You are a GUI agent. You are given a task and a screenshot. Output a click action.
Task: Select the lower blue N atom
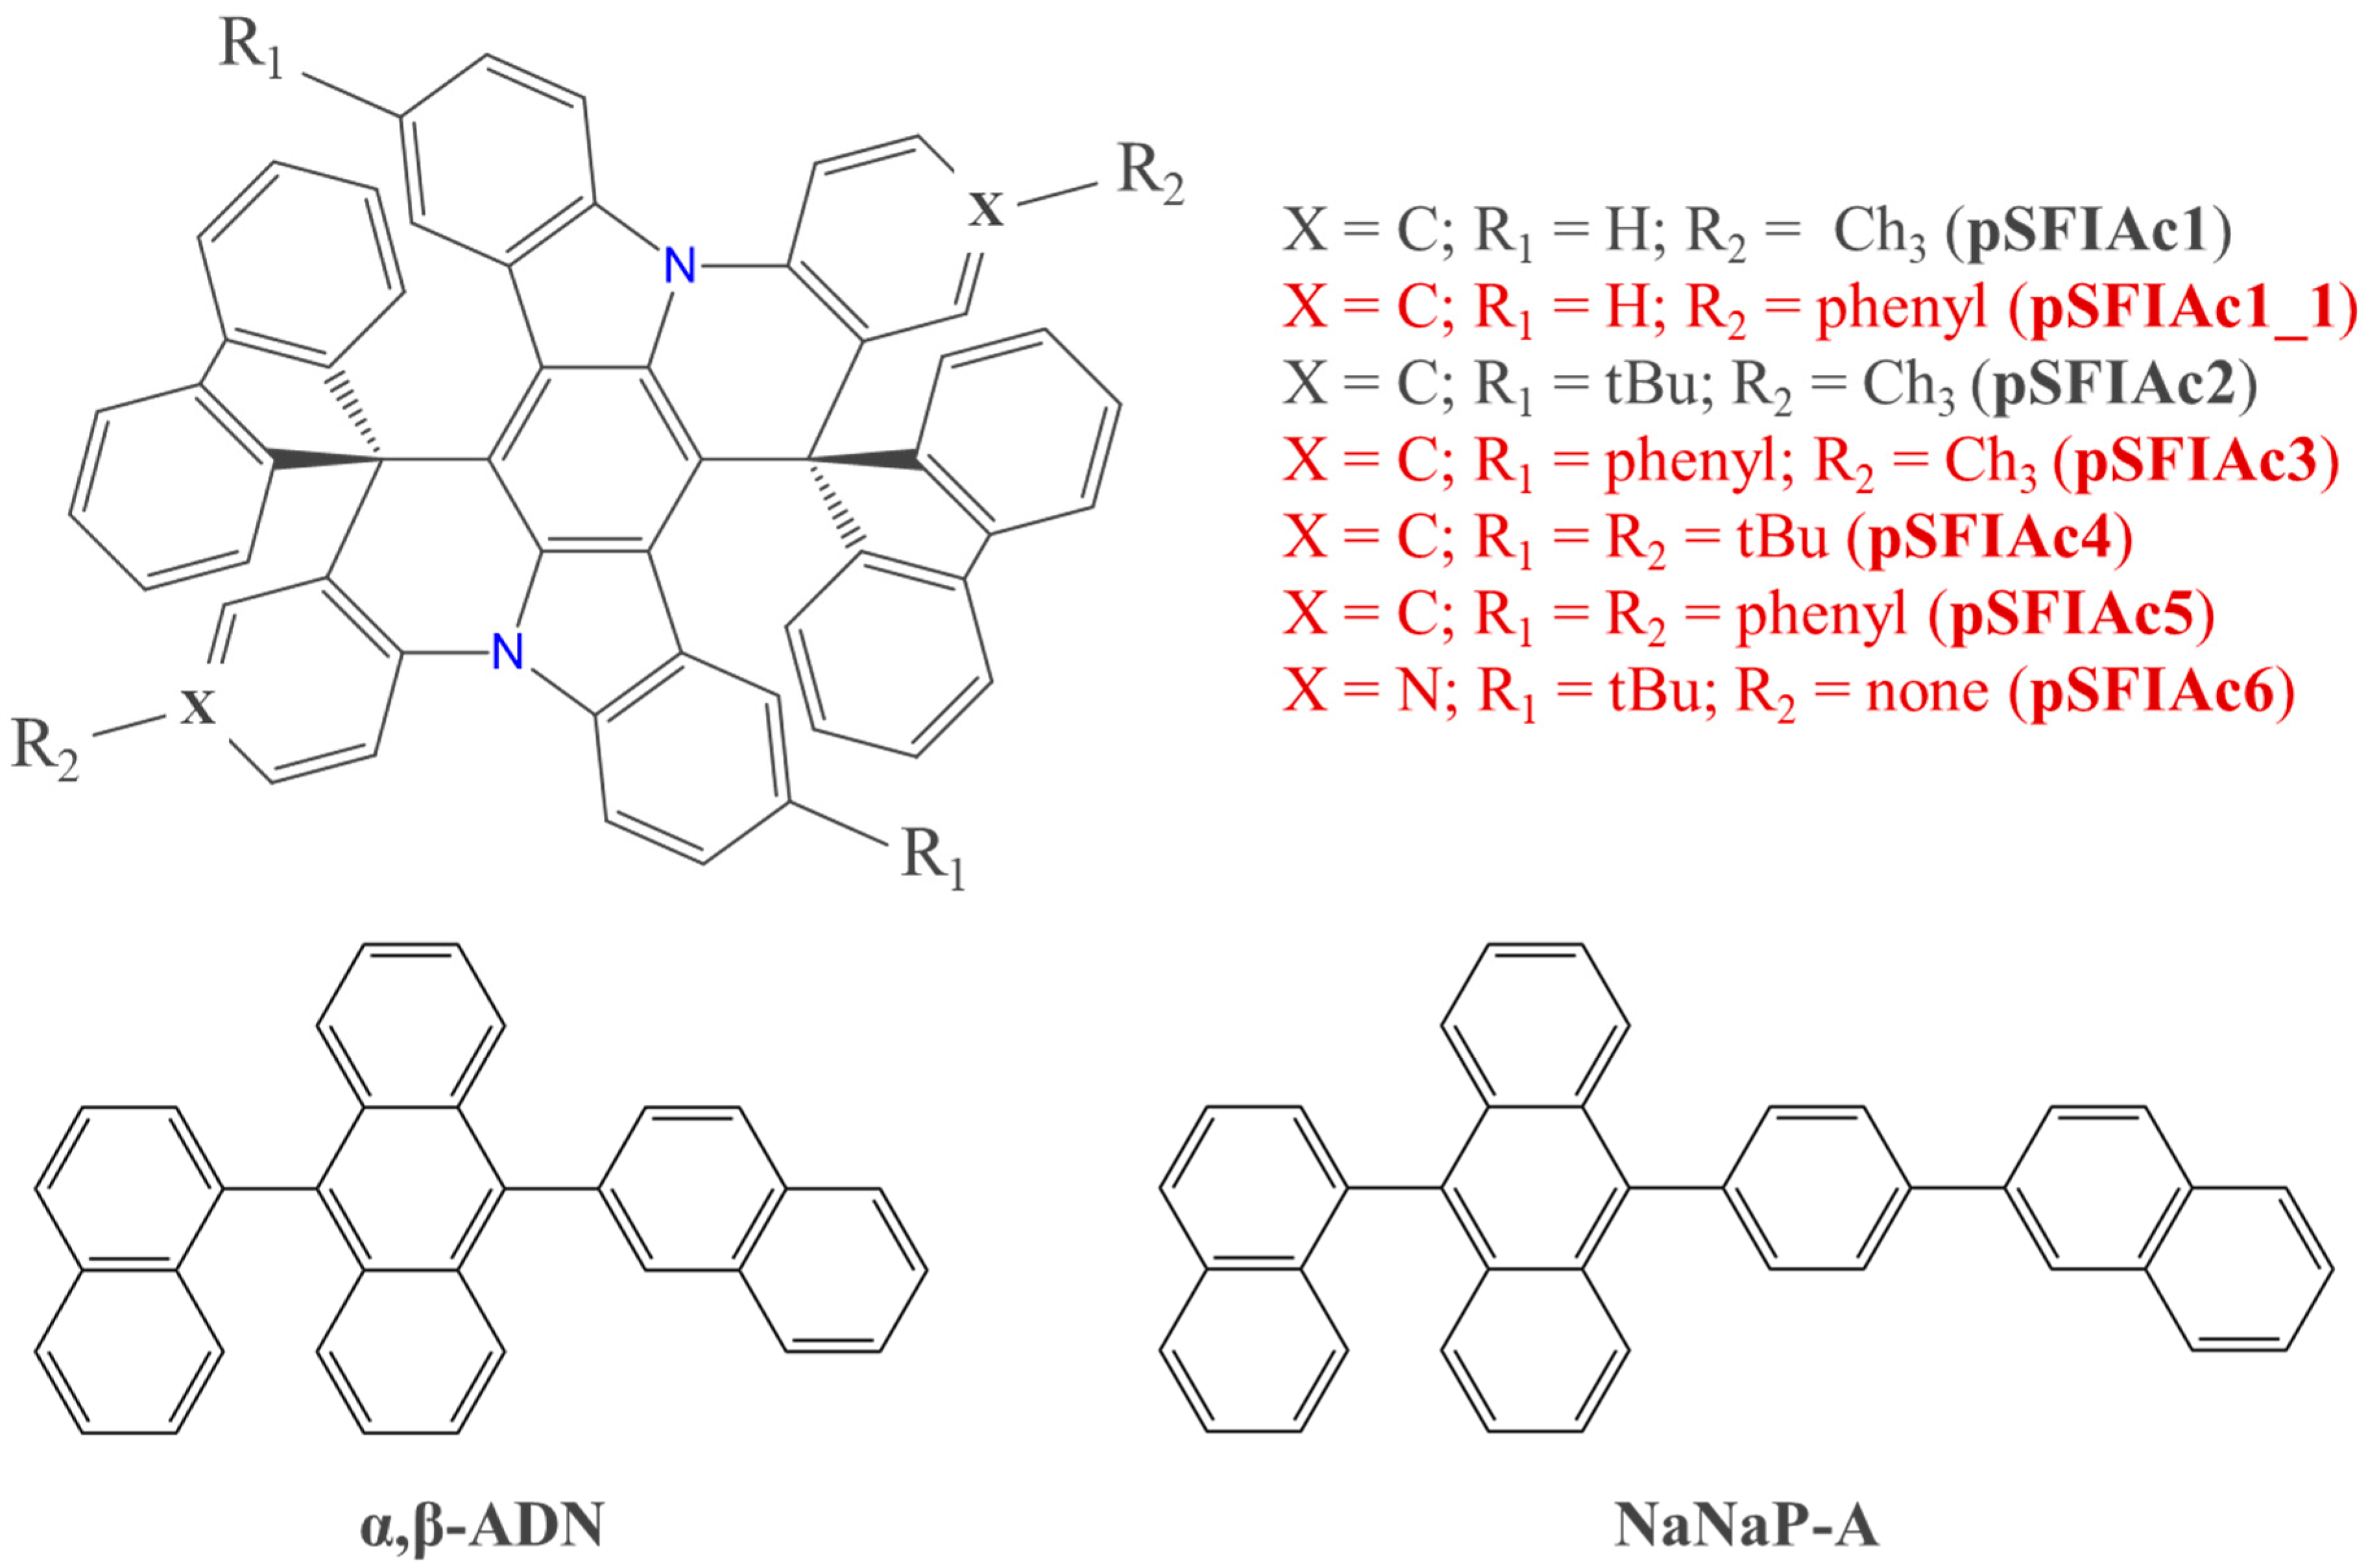tap(508, 654)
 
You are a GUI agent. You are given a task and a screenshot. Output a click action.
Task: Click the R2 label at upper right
tap(1150, 176)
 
